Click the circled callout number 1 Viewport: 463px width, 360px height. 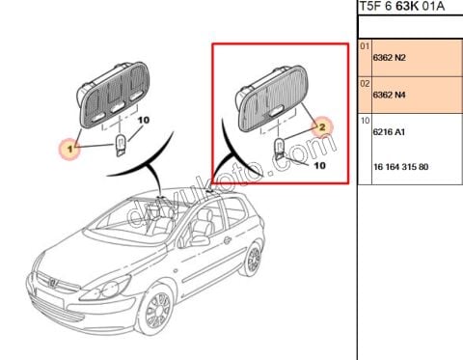point(68,148)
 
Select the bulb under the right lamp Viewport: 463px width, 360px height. point(279,149)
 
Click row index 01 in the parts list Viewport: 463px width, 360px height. point(364,46)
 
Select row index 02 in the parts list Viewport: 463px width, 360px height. point(364,83)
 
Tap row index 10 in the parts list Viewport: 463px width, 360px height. point(364,121)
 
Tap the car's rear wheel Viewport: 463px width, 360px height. point(253,260)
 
